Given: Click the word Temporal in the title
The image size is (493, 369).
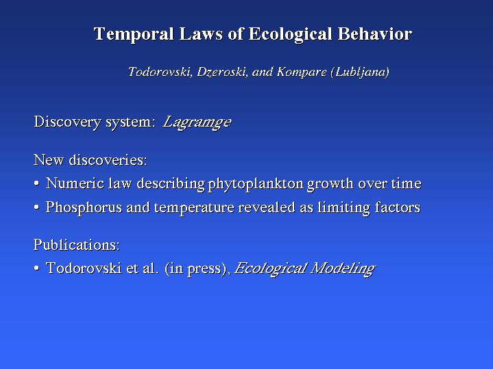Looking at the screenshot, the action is (x=134, y=34).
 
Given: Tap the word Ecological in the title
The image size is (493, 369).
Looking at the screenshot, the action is (x=290, y=34).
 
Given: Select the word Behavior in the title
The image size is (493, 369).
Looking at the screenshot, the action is (x=375, y=34).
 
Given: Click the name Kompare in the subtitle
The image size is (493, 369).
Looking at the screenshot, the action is (x=302, y=73).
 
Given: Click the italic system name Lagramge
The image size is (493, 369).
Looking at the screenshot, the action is (x=197, y=123).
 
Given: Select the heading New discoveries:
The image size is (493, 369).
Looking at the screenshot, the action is (x=91, y=160).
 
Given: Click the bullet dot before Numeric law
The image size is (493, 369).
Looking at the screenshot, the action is (x=37, y=183).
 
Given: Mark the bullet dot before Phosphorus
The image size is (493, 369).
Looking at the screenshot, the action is (x=37, y=207).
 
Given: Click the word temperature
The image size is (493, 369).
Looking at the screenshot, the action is (x=194, y=208).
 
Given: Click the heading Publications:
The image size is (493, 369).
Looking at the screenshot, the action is (x=77, y=244).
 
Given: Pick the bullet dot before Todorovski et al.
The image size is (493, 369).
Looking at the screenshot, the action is (x=37, y=268).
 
